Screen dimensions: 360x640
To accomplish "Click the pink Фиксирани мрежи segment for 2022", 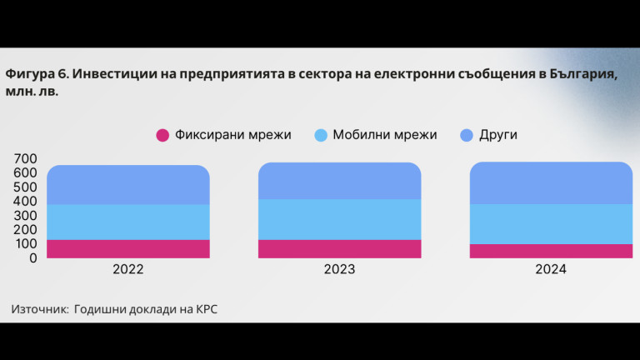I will click(128, 248).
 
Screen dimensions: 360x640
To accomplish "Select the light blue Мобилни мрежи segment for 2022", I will click(128, 222).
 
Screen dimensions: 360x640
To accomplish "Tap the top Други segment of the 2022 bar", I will click(128, 185).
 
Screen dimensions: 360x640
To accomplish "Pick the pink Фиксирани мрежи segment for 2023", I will click(339, 248).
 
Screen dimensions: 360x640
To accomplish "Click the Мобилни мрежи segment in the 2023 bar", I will click(339, 219).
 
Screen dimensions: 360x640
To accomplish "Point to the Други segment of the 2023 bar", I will click(339, 181).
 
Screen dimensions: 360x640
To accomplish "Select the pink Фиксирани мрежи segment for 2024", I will click(551, 251).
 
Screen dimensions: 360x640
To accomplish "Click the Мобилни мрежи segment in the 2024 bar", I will click(551, 224).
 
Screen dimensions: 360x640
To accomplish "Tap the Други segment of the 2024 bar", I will click(551, 183).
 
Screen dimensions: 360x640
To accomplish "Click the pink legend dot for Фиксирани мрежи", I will click(162, 135).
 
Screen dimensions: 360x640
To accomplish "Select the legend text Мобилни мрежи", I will click(384, 135).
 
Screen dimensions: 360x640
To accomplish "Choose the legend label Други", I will click(497, 135).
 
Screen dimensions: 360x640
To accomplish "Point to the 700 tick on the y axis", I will click(26, 158).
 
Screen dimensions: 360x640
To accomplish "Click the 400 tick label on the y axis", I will click(26, 201).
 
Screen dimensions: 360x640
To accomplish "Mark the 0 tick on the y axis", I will click(34, 257).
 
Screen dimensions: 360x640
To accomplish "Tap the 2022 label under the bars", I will click(128, 270).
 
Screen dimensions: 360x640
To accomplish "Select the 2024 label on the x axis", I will click(551, 270).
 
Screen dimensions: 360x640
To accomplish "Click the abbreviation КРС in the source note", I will click(207, 309).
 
